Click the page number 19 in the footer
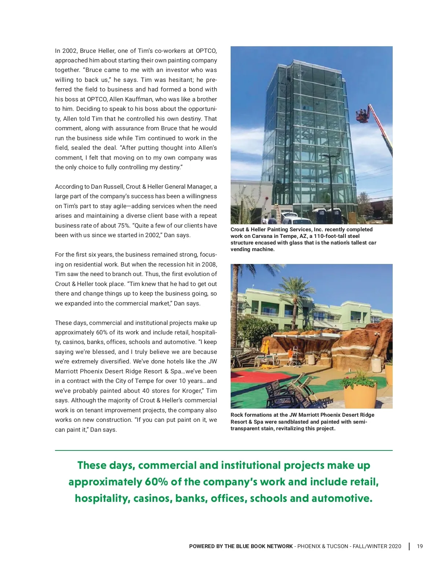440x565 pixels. click(420, 546)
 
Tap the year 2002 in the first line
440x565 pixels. click(69, 51)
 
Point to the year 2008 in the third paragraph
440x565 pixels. click(209, 264)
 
